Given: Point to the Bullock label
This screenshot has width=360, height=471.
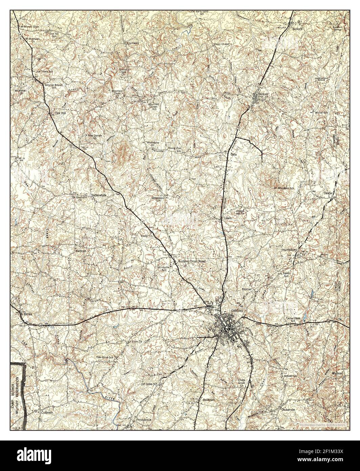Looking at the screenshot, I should coord(297,29).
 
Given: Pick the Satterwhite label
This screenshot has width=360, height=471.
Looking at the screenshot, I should coord(99,195).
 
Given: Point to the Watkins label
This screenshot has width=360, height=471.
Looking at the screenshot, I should coord(338,373).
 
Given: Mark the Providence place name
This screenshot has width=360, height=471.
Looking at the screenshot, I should coord(144,419).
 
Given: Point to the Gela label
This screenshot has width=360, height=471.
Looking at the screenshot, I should coord(233,154).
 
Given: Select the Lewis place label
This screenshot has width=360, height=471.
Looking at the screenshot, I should coord(228,218).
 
